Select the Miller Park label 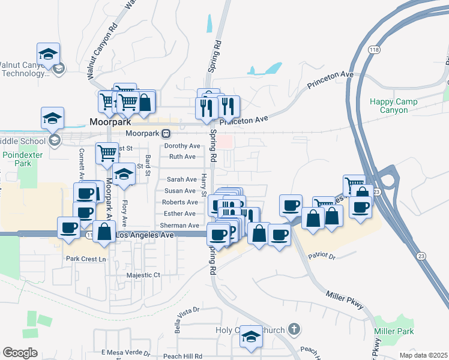[x=394, y=331]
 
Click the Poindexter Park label [x=16, y=159]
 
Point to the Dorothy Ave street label [x=182, y=146]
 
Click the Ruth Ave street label [x=182, y=157]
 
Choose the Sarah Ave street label [x=182, y=179]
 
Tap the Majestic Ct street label [x=144, y=275]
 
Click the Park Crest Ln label [x=86, y=259]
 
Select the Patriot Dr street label [x=321, y=256]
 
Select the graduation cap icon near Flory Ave [x=124, y=174]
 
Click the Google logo [x=20, y=352]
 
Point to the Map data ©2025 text [x=423, y=355]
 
